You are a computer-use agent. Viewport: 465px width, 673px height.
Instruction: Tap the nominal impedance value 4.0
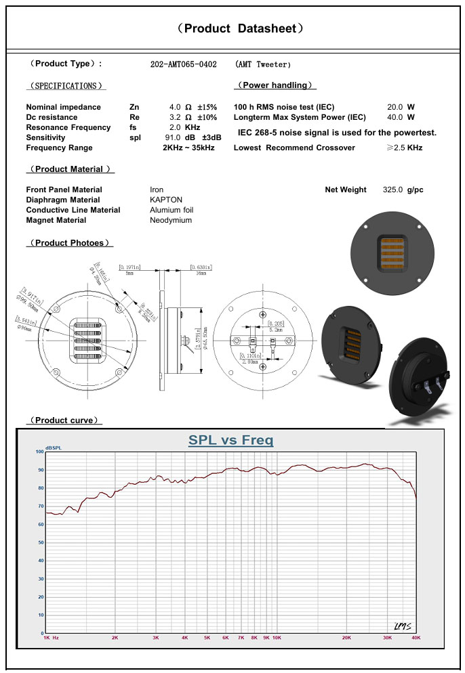[175, 107]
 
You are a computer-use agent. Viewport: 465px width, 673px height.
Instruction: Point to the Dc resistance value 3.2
[175, 117]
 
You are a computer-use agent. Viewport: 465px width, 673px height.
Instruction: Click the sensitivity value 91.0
[173, 138]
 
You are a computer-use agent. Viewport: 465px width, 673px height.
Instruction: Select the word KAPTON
[166, 200]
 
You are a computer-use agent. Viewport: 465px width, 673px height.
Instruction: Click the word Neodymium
[171, 220]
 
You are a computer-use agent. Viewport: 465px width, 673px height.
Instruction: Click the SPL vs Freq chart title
[230, 441]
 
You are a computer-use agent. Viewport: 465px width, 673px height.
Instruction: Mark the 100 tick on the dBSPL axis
[39, 452]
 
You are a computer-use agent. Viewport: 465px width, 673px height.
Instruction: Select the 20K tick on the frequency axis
[346, 638]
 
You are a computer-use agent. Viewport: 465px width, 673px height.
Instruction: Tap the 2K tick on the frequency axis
[115, 638]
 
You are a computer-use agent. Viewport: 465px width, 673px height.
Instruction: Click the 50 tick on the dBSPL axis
[41, 542]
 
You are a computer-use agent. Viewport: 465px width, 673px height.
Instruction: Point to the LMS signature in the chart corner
[402, 625]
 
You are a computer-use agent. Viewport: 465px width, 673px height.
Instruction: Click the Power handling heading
[275, 85]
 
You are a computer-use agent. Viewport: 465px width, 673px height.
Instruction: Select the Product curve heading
[63, 420]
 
